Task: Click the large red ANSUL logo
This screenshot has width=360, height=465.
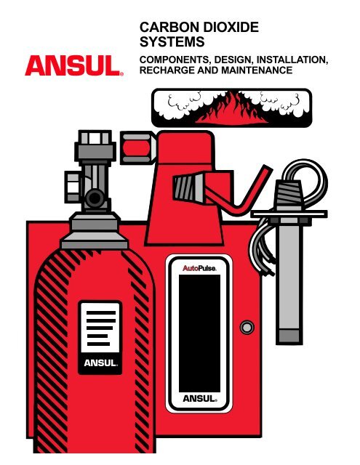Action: pyautogui.click(x=73, y=65)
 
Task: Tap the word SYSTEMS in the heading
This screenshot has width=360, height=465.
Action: pyautogui.click(x=172, y=42)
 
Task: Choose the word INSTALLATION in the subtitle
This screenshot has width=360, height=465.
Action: pyautogui.click(x=292, y=60)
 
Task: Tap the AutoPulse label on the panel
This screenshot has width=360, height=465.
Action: pyautogui.click(x=199, y=268)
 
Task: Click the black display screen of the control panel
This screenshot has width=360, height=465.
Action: pyautogui.click(x=199, y=333)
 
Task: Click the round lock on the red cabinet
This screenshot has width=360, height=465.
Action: pyautogui.click(x=247, y=328)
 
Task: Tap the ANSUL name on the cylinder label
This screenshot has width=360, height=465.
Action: pyautogui.click(x=100, y=363)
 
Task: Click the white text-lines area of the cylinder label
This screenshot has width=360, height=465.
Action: pyautogui.click(x=100, y=328)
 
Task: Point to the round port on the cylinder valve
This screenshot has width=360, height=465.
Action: pyautogui.click(x=95, y=198)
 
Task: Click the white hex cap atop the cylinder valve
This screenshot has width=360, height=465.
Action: pyautogui.click(x=95, y=137)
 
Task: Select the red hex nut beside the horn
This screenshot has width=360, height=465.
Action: pyautogui.click(x=138, y=147)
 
